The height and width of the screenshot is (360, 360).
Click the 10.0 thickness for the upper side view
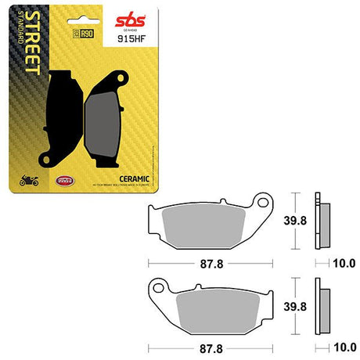[x=345, y=264]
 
